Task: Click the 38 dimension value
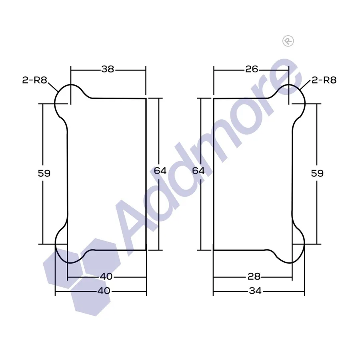(108, 69)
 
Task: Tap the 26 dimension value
(252, 69)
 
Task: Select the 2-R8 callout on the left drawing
(35, 80)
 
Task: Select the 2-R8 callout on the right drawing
(324, 80)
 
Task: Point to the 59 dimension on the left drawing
(44, 173)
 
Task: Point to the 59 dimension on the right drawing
(317, 173)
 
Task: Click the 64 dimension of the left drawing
(160, 170)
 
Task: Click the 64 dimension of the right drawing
(198, 170)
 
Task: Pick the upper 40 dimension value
(106, 276)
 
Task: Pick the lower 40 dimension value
(104, 291)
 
